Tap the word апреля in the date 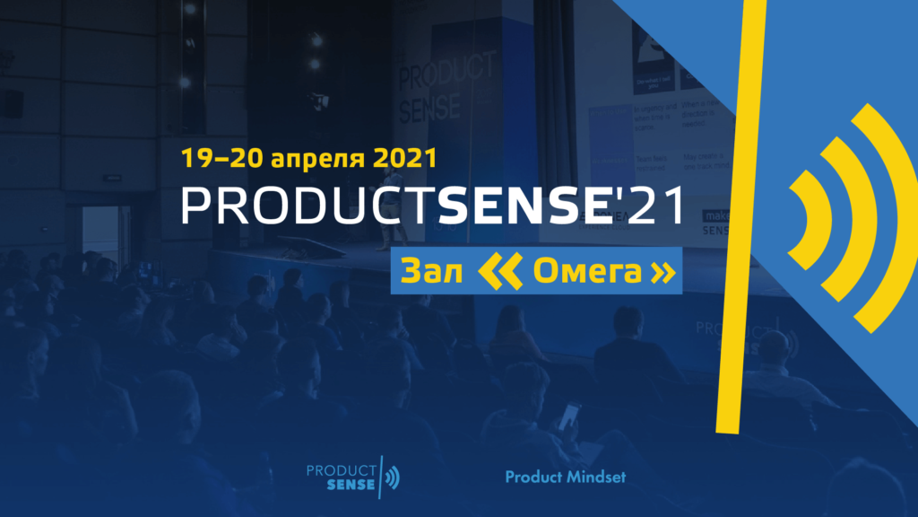click(x=305, y=161)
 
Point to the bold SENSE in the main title click(x=521, y=206)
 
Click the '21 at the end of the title click(x=646, y=206)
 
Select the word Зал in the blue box click(x=433, y=272)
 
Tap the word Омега click(x=587, y=272)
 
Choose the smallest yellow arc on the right click(x=804, y=215)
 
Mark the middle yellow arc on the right click(x=843, y=215)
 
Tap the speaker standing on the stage click(x=392, y=229)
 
